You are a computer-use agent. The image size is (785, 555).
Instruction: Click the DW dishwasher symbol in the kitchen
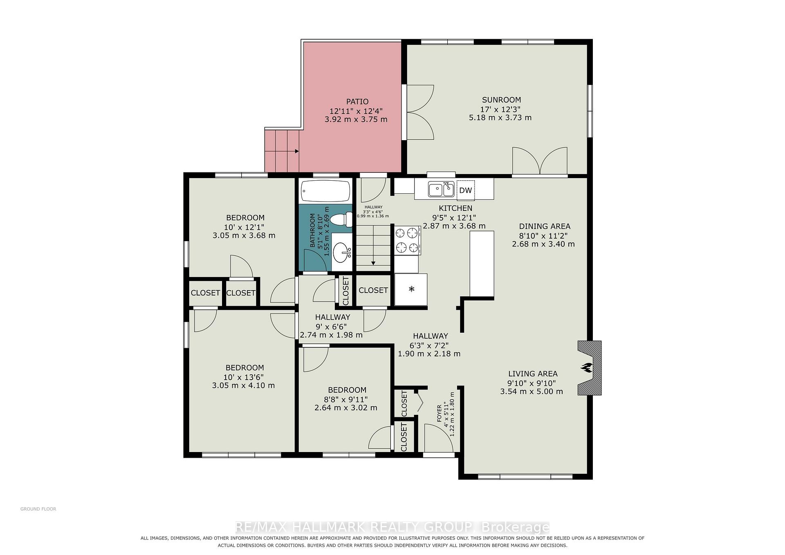[466, 190]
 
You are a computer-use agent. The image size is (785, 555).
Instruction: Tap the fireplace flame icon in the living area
[587, 367]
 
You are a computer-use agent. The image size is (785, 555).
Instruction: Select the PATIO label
[357, 101]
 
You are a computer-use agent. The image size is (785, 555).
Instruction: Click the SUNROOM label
[501, 100]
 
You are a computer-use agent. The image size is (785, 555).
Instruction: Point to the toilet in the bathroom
[341, 219]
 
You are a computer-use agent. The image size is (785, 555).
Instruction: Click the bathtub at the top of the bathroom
[326, 191]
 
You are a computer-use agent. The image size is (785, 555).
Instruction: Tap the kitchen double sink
[441, 189]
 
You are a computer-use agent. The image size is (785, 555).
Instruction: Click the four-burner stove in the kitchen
[408, 241]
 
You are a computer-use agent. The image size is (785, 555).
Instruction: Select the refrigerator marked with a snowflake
[411, 289]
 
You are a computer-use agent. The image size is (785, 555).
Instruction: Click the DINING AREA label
[545, 226]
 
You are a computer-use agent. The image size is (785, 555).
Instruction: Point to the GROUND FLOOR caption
[38, 509]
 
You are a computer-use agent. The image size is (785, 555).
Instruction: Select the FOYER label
[440, 414]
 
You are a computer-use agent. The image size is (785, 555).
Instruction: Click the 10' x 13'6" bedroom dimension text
[244, 377]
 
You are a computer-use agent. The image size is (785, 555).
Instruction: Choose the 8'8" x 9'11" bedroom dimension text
[346, 399]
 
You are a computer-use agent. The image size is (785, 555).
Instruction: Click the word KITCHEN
[455, 208]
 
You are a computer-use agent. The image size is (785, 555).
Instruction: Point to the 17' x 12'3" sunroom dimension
[500, 109]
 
